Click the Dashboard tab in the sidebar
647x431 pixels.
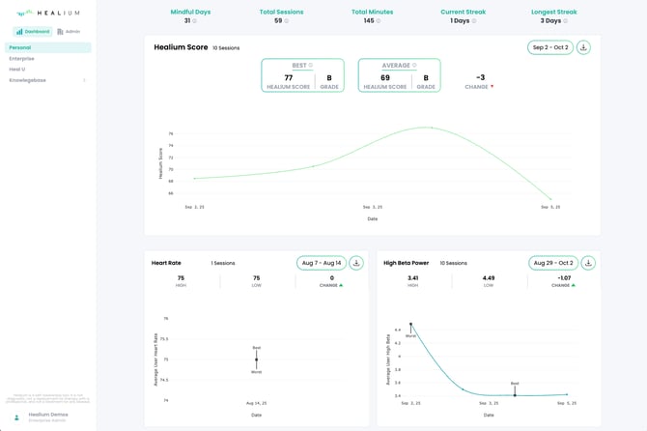33,31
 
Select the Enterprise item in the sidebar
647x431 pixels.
21,58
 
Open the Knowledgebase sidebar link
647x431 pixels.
27,80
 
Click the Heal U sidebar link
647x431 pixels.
17,69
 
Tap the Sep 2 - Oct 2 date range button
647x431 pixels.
550,47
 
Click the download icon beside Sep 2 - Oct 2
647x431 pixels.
583,47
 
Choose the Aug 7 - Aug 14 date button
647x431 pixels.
321,263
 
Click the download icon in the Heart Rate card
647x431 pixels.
356,263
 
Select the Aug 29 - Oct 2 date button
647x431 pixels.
552,263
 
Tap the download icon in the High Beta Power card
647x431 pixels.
588,263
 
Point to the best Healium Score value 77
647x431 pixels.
289,78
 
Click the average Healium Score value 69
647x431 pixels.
385,78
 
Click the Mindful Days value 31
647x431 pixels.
187,20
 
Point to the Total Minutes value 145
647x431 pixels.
369,20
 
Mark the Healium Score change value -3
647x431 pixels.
480,78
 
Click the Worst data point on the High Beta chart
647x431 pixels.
410,324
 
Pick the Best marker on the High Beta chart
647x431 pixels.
515,394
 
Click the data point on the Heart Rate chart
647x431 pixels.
256,359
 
